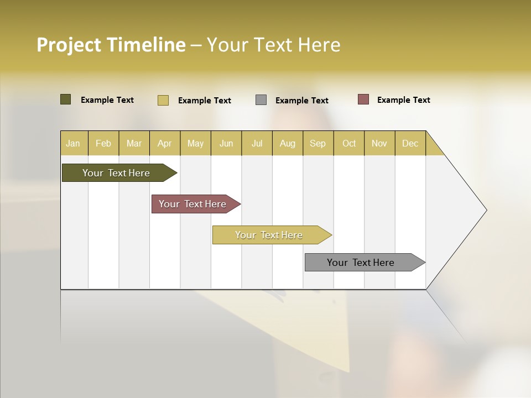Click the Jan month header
click(x=74, y=143)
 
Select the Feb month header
click(x=103, y=143)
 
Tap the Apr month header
click(x=165, y=143)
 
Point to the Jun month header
click(x=226, y=143)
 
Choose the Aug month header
click(x=288, y=143)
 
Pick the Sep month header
click(x=318, y=143)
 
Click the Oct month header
click(x=349, y=143)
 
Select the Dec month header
click(x=410, y=143)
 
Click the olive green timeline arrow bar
click(x=116, y=173)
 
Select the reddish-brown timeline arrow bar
click(x=192, y=204)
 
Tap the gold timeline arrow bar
click(x=269, y=235)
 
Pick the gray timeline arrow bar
click(x=361, y=263)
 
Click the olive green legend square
click(x=66, y=99)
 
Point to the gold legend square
click(x=163, y=100)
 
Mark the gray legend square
click(x=261, y=100)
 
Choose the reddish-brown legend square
click(x=363, y=99)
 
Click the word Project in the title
click(x=69, y=45)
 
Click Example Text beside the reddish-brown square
click(x=404, y=100)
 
